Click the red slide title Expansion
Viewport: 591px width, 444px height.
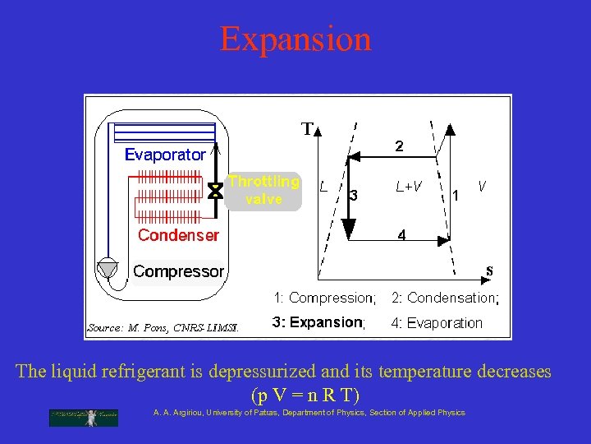point(295,39)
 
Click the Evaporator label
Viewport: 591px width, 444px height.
point(165,155)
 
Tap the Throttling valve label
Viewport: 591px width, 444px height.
point(263,190)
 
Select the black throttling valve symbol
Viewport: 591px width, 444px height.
point(215,191)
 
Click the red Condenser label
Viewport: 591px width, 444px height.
point(178,235)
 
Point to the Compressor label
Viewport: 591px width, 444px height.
point(178,271)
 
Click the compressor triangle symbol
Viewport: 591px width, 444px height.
point(108,269)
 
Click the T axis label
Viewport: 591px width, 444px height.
point(307,129)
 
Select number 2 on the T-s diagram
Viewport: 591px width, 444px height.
point(399,146)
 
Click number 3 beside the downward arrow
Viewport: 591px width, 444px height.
point(353,196)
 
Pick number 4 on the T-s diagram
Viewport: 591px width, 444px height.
point(401,235)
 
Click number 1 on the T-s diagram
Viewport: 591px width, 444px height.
point(456,196)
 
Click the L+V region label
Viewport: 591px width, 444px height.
point(409,187)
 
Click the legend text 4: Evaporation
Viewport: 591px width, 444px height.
point(437,322)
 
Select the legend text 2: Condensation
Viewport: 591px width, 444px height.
point(444,298)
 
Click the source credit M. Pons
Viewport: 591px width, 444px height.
point(163,327)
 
